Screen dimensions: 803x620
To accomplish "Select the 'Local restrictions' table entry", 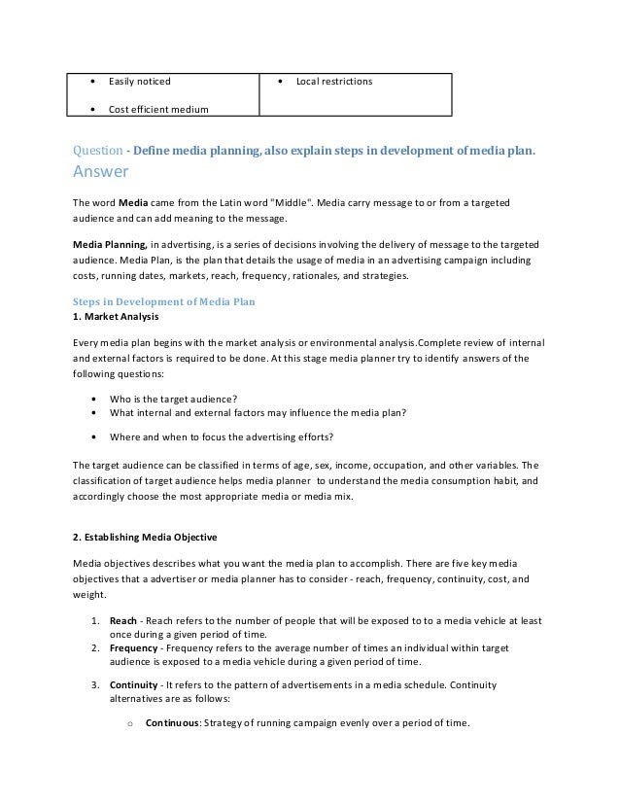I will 333,81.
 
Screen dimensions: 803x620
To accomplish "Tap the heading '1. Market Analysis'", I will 116,317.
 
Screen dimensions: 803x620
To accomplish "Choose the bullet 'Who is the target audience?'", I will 173,398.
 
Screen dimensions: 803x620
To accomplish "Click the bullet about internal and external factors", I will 258,411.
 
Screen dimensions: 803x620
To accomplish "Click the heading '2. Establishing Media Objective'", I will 146,538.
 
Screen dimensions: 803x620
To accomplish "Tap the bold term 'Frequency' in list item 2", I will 133,646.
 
